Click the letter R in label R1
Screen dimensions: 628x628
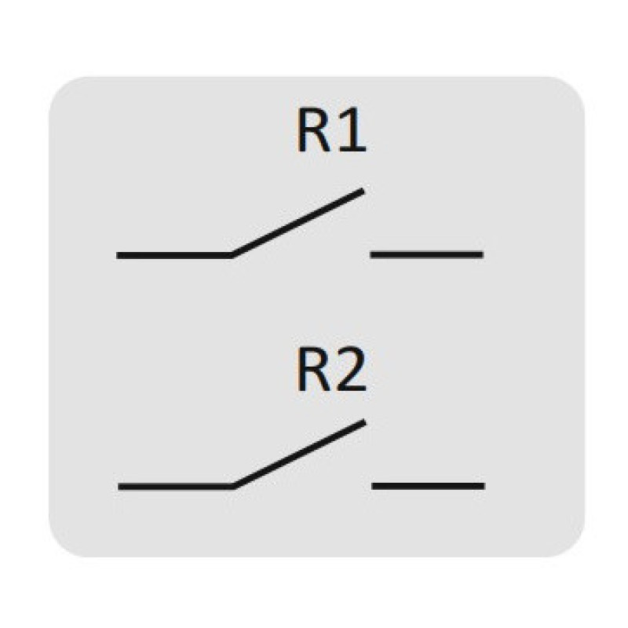pyautogui.click(x=313, y=130)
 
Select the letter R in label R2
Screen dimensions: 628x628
pyautogui.click(x=312, y=369)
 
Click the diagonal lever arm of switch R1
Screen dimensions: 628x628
pyautogui.click(x=298, y=223)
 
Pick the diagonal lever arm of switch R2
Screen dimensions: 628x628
pyautogui.click(x=299, y=455)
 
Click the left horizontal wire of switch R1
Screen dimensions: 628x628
pyautogui.click(x=174, y=256)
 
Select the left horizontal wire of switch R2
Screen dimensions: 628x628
pyautogui.click(x=176, y=487)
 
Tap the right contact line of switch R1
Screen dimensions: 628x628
pyautogui.click(x=427, y=254)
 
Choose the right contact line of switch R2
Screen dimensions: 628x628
pyautogui.click(x=428, y=486)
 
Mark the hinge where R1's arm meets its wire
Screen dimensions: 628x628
pyautogui.click(x=232, y=256)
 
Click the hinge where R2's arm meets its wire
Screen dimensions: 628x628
pyautogui.click(x=234, y=487)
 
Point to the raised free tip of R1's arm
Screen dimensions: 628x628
pyautogui.click(x=363, y=191)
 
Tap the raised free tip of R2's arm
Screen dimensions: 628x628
pyautogui.click(x=364, y=422)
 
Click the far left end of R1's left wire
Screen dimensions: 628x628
pyautogui.click(x=117, y=256)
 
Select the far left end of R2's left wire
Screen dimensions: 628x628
pyautogui.click(x=119, y=487)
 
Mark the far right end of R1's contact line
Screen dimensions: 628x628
pyautogui.click(x=484, y=254)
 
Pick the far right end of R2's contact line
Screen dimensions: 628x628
pyautogui.click(x=484, y=486)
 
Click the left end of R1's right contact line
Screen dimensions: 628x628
pyautogui.click(x=371, y=254)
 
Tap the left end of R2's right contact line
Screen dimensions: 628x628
pyautogui.click(x=372, y=486)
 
